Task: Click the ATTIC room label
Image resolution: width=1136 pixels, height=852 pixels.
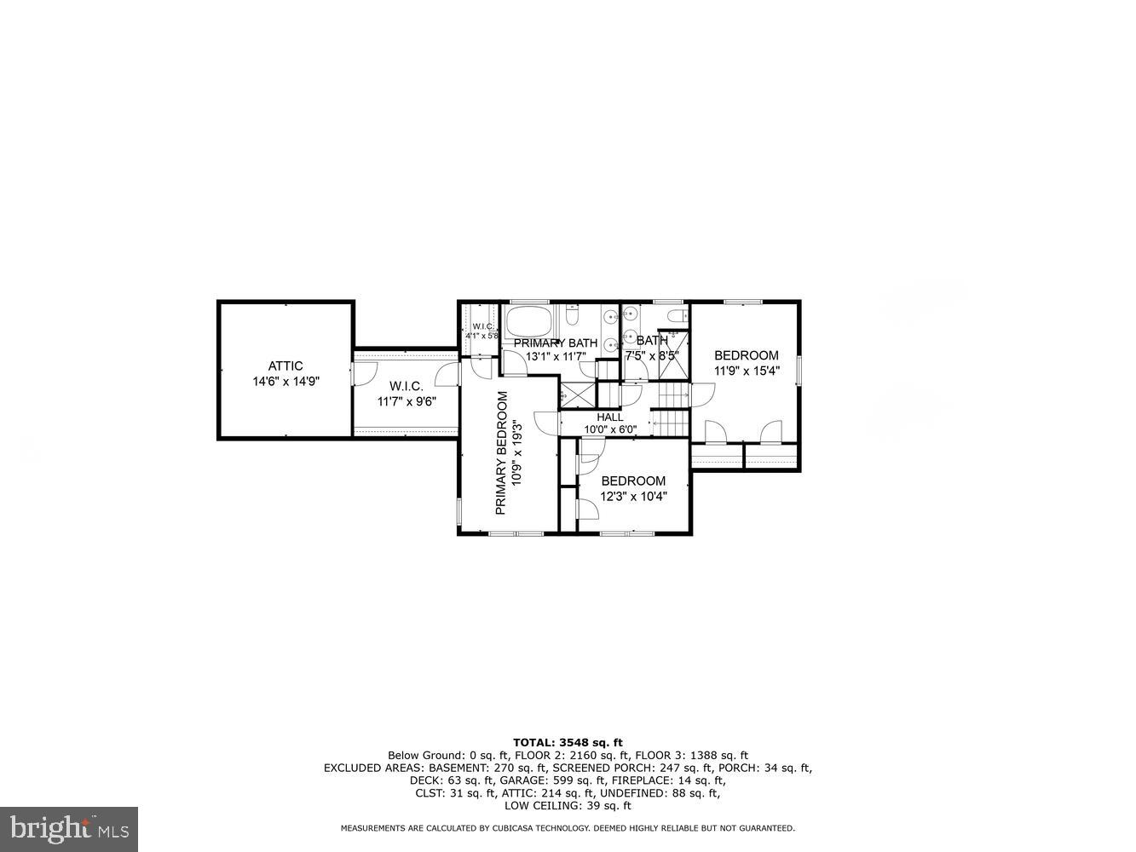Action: (x=285, y=366)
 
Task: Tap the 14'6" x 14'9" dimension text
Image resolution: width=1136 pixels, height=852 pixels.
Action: (x=285, y=383)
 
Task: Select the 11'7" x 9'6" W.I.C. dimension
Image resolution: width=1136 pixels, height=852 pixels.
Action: (x=407, y=402)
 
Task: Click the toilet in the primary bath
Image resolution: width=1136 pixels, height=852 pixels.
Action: (x=573, y=318)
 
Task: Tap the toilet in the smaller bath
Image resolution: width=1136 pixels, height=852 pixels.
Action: (x=676, y=316)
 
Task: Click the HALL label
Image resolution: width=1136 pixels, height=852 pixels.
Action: (x=609, y=417)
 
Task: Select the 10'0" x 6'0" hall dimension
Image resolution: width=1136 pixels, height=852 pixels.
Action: (x=609, y=429)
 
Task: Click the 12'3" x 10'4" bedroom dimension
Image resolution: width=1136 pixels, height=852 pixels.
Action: (x=633, y=496)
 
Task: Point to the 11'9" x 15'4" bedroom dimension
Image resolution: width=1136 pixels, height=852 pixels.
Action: (x=747, y=371)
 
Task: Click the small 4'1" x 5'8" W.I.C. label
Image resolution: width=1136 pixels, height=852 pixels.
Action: (x=482, y=331)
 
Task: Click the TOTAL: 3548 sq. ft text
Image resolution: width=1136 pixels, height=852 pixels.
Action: (x=568, y=743)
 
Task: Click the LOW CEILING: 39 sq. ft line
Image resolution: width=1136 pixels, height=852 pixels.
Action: (x=568, y=806)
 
